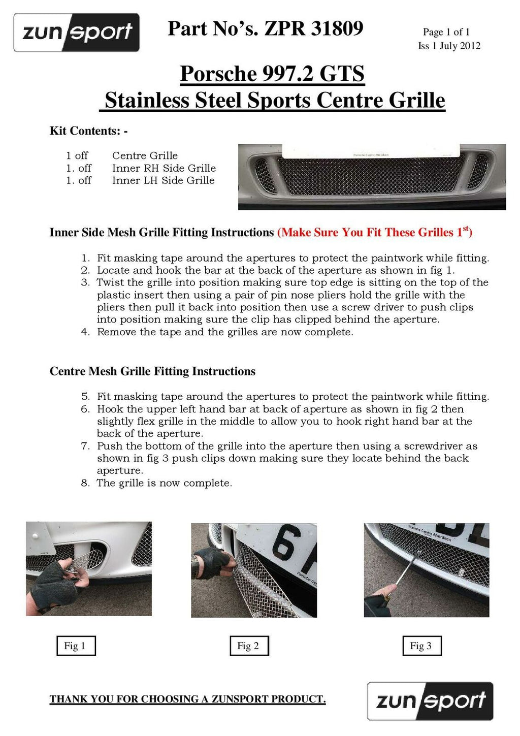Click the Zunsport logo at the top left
[77, 33]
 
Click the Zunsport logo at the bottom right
[430, 701]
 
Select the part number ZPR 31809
[314, 28]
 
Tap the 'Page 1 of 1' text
[446, 32]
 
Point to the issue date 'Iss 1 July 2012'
[449, 46]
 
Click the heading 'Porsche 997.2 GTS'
[272, 74]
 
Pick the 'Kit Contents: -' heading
[88, 131]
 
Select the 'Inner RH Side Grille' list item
[164, 168]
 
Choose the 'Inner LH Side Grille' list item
[163, 180]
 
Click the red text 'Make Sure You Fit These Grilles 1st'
[375, 232]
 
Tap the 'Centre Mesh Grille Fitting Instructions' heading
[152, 371]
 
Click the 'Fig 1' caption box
[76, 646]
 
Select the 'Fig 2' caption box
[249, 646]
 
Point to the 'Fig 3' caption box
[421, 646]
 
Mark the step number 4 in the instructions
[85, 332]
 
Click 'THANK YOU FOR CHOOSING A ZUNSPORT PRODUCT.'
[187, 699]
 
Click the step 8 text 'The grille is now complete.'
[165, 483]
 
